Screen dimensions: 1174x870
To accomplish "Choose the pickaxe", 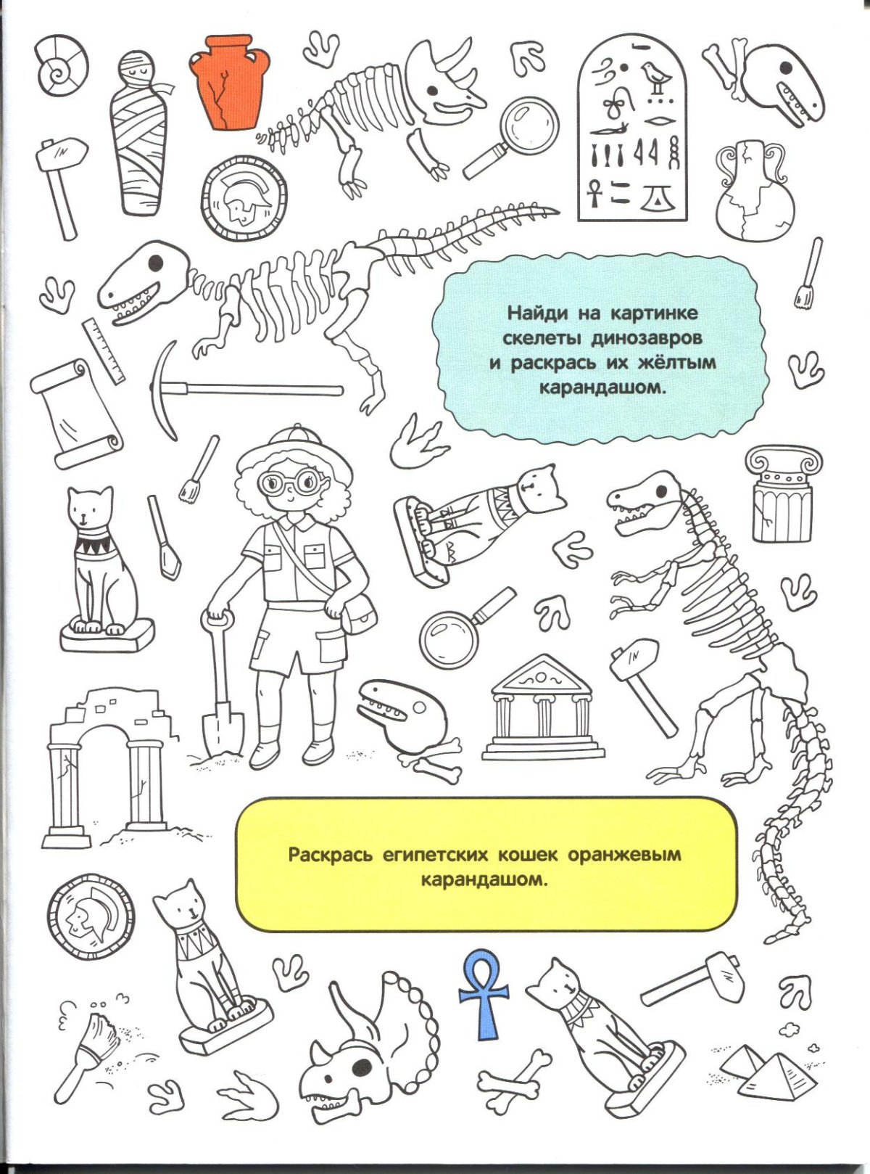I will point(217,390).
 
